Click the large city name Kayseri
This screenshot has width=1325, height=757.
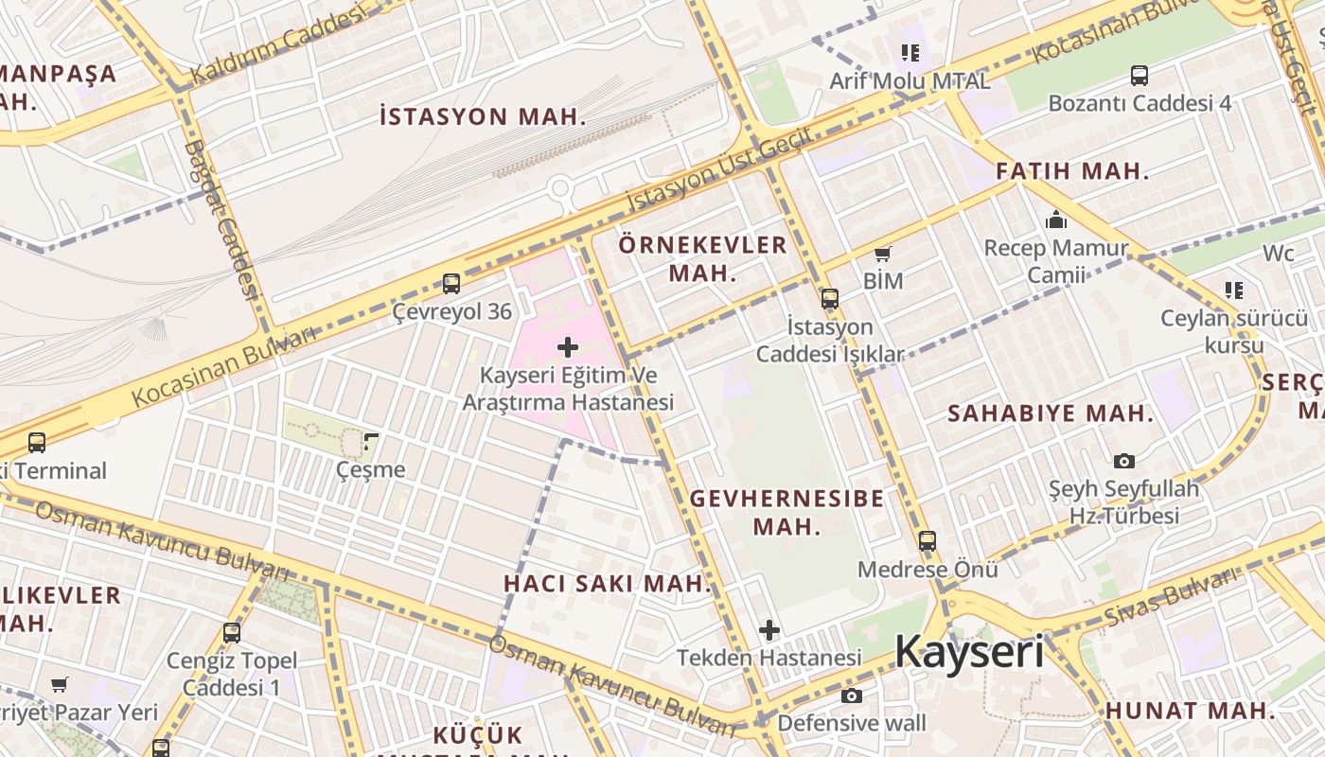tap(968, 653)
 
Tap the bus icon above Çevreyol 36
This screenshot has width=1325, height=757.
tap(451, 283)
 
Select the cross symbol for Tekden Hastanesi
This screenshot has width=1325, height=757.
tap(769, 629)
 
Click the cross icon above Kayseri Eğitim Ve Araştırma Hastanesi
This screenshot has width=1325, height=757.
tap(568, 347)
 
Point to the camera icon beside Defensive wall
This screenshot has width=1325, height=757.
tap(852, 696)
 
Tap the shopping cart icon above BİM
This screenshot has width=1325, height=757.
tap(883, 253)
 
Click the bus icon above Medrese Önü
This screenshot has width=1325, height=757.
tap(927, 541)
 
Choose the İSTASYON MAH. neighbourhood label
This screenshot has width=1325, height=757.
tap(483, 117)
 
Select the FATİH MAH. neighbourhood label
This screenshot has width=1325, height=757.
tap(1072, 171)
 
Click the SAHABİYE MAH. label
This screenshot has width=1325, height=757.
tap(1051, 414)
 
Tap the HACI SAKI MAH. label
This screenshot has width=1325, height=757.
tap(607, 583)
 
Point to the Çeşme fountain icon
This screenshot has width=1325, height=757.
tap(371, 441)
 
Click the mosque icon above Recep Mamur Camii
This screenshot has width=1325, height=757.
tap(1056, 220)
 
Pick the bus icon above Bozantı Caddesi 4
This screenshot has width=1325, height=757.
tap(1139, 75)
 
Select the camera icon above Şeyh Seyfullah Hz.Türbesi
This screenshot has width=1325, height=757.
tap(1124, 461)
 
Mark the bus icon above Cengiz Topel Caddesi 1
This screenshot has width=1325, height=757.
tap(232, 632)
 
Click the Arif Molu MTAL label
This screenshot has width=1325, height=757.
tap(910, 81)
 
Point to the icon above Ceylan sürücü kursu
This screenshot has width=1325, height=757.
tap(1233, 290)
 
